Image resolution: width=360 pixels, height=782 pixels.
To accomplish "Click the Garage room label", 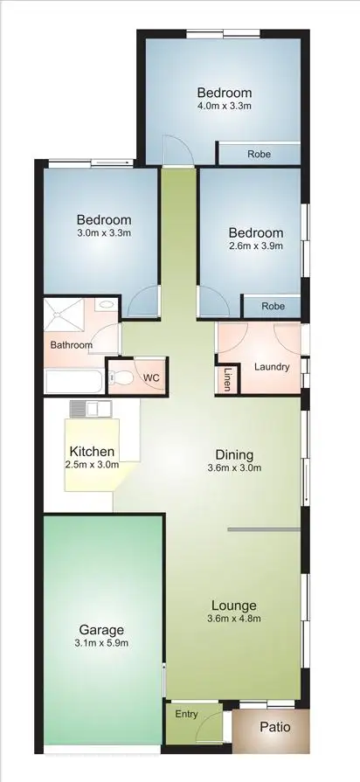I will pos(101,629).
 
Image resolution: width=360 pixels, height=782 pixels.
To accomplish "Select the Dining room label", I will pos(235,454).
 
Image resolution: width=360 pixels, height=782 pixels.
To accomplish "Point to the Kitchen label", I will pos(92,451).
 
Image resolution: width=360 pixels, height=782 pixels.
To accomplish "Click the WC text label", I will pos(151,377).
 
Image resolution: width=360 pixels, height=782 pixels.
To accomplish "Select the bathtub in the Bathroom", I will pos(73,381).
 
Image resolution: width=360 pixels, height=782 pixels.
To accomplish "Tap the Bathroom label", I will pos(72,345).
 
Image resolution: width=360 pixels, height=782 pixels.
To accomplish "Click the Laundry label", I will pos(272,366).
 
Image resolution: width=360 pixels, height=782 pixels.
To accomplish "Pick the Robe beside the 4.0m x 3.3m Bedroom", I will pos(259,154).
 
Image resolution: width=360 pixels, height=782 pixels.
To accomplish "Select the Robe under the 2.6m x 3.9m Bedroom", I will pos(273,307).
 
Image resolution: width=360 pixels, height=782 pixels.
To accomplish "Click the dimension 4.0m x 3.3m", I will pos(224,107).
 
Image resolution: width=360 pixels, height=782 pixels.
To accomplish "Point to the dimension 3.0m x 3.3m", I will pos(103,233).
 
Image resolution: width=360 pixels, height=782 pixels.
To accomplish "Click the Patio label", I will pos(274,727).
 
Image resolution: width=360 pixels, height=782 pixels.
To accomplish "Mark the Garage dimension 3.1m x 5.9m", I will pos(101,643).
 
